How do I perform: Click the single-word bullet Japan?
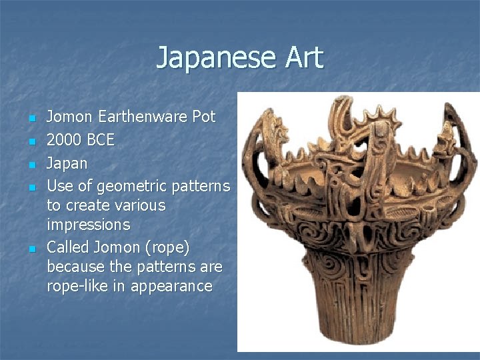pos(67,163)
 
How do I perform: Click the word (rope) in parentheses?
pos(166,247)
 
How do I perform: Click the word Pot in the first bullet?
pos(204,117)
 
